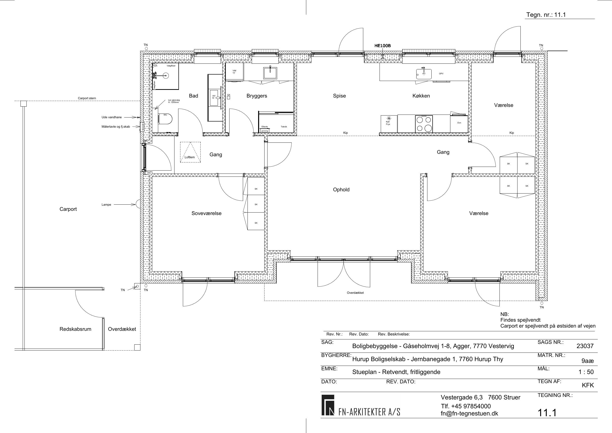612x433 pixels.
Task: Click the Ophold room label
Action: tap(341, 190)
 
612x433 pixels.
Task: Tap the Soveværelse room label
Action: tap(206, 213)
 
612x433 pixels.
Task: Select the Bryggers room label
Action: tap(257, 96)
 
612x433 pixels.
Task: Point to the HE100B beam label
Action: tap(382, 46)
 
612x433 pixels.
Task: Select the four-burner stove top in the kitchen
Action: tap(424, 124)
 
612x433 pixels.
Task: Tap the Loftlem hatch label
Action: tap(190, 157)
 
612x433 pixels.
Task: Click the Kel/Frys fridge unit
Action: tap(389, 124)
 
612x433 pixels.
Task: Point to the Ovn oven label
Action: tap(459, 123)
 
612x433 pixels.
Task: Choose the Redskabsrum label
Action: tap(76, 329)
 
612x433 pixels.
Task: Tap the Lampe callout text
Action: tap(106, 205)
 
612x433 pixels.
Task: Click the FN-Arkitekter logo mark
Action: tap(327, 405)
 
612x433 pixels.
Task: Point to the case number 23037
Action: tap(585, 346)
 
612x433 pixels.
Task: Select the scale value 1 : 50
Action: tap(586, 372)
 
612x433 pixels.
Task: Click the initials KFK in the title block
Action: tap(588, 385)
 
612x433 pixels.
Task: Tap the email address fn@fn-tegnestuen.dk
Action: tap(469, 413)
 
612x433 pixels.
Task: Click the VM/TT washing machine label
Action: tap(234, 72)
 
